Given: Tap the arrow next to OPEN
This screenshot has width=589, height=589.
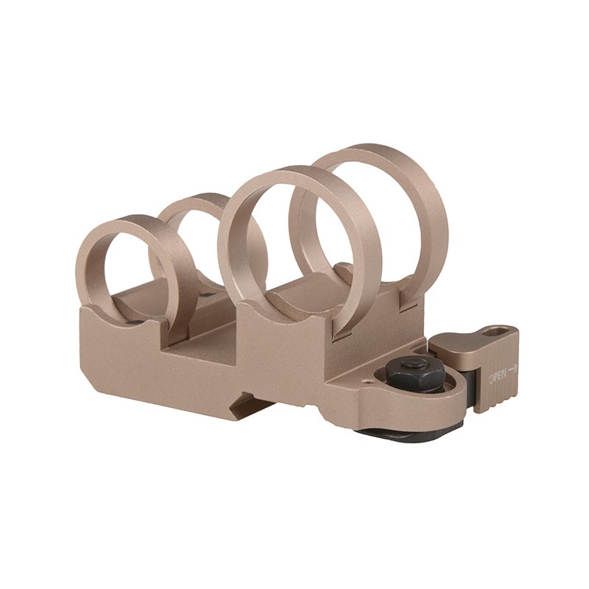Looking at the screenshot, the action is tap(513, 369).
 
